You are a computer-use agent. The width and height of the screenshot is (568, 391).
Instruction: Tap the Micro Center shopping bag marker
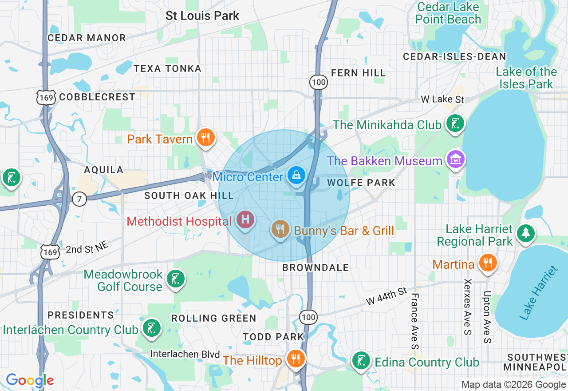(296, 176)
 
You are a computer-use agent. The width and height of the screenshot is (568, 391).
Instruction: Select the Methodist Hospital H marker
(245, 219)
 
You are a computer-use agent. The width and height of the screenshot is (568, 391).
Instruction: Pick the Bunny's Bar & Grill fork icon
(280, 229)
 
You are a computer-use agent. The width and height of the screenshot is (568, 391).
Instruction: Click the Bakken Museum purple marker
(455, 159)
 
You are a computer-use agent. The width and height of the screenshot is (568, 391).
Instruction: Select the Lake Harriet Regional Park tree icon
(526, 232)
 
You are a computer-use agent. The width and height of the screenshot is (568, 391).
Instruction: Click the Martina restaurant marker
(488, 262)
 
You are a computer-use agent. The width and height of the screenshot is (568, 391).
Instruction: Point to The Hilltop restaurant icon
(295, 358)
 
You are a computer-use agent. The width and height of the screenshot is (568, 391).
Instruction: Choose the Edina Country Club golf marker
(361, 360)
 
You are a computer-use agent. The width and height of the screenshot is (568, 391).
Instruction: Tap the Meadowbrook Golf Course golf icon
(175, 279)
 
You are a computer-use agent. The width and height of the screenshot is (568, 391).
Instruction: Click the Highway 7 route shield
(79, 199)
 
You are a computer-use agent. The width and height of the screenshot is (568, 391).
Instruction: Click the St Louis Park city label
(202, 16)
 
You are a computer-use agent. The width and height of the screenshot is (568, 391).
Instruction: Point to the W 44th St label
(386, 296)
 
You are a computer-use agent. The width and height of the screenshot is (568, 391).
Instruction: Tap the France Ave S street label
(414, 321)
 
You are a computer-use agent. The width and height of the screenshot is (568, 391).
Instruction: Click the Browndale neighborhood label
(316, 267)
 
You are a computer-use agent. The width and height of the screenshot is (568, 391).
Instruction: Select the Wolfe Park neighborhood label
(361, 183)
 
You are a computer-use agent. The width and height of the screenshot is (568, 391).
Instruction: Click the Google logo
(30, 381)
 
